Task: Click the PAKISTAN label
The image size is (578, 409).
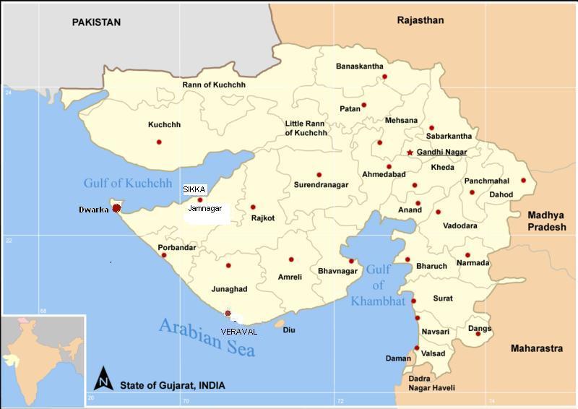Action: point(95,23)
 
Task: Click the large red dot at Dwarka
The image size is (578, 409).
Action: point(116,208)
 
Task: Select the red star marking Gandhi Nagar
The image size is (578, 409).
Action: point(410,152)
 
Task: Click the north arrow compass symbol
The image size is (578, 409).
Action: point(104,379)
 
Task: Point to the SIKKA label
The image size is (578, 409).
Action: point(194,189)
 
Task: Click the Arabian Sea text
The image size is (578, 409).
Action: point(208,337)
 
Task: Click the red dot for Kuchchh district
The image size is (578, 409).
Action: point(159,142)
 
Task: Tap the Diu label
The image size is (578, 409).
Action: point(289,330)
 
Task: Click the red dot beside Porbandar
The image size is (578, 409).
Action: point(164,255)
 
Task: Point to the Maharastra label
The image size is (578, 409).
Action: point(536,348)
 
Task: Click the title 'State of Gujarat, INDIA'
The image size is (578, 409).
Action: point(172,385)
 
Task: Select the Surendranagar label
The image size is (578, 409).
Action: point(321,185)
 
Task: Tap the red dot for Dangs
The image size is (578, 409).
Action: point(478,333)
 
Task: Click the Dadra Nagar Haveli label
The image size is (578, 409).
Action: point(431,383)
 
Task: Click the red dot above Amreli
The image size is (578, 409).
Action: point(291,259)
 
